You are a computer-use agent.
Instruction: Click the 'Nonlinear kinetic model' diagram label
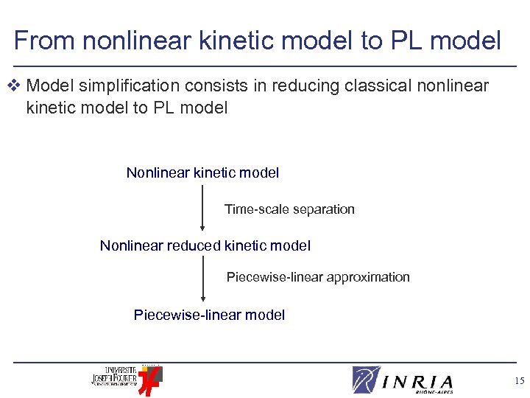tap(202, 173)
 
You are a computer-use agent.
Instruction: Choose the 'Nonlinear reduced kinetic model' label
tap(205, 245)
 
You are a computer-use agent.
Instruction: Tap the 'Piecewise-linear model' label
tap(209, 315)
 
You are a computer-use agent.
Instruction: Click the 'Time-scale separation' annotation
tap(289, 209)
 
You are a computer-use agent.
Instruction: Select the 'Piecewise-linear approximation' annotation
tap(318, 277)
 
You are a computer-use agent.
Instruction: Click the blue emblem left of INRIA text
tap(366, 380)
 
